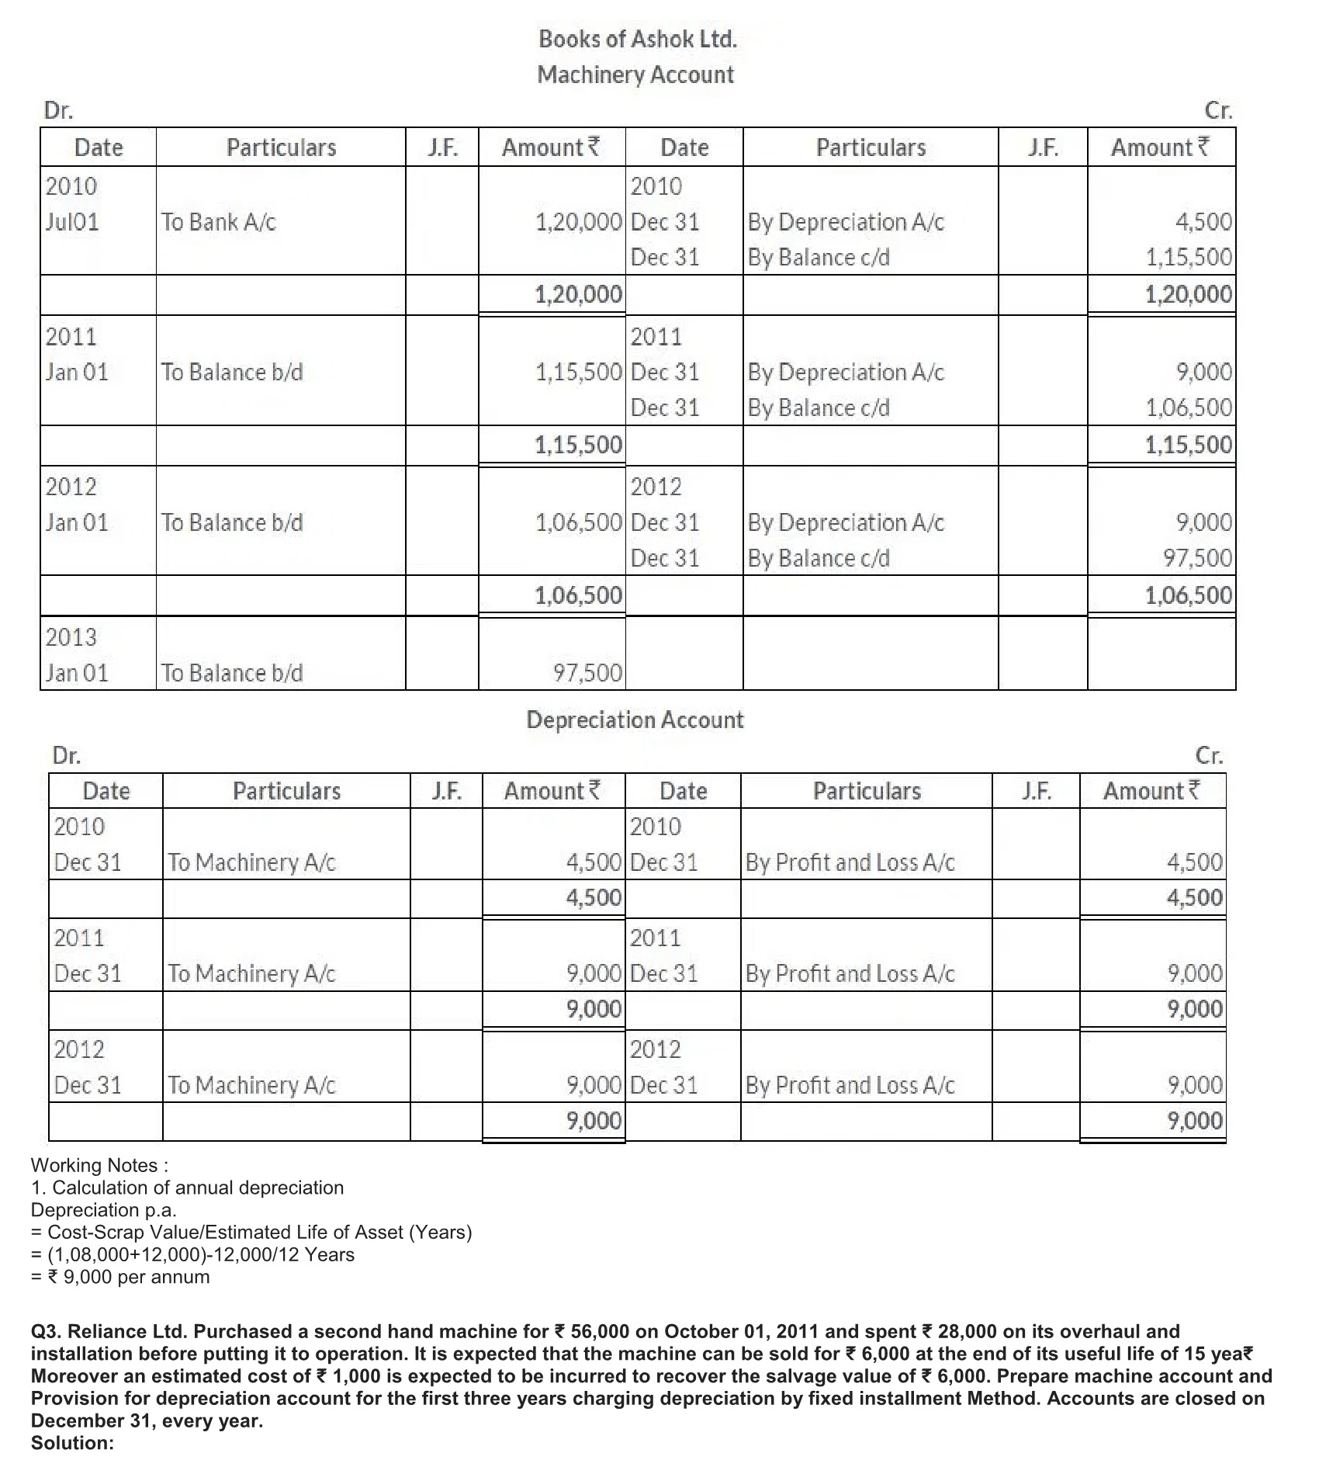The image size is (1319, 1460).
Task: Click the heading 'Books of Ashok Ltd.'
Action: [x=638, y=39]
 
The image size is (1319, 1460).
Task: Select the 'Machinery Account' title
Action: [x=635, y=75]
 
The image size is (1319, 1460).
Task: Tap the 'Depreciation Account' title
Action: [x=635, y=720]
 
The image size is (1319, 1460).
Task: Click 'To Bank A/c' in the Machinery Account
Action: [x=218, y=222]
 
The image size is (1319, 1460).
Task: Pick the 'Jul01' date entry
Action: [x=72, y=222]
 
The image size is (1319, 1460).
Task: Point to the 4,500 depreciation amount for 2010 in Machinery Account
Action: [x=1203, y=222]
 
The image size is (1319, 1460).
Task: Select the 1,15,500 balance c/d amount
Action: [x=1189, y=257]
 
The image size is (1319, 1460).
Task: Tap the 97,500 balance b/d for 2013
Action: [x=587, y=673]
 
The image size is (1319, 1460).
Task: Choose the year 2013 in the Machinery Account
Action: [x=71, y=637]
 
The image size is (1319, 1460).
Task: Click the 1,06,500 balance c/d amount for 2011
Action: [x=1189, y=407]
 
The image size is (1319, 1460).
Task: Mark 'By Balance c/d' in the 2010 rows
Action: [x=819, y=257]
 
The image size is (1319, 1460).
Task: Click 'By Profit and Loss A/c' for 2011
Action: [x=850, y=973]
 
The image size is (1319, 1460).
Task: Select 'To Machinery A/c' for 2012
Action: [x=251, y=1084]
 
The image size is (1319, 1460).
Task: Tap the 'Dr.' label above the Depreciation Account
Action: [x=66, y=755]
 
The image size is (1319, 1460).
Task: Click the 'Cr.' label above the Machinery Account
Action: [x=1218, y=111]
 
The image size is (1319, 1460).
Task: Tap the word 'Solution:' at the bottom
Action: [x=72, y=1443]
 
